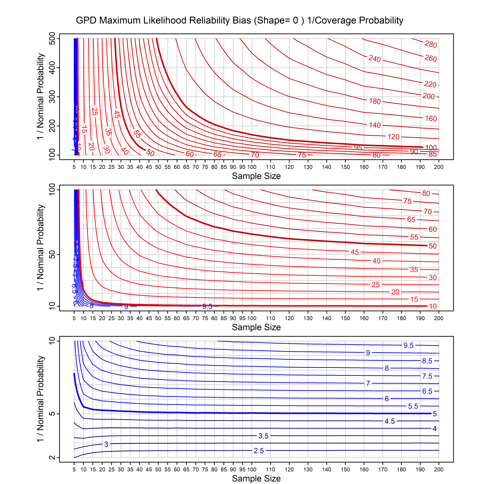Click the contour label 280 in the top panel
(431, 44)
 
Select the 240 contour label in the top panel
(374, 59)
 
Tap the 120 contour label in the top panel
(393, 137)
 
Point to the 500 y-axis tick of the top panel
(52, 39)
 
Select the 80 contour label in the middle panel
(426, 193)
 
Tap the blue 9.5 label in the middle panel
(207, 306)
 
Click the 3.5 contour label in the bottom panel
(263, 436)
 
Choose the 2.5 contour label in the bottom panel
(259, 451)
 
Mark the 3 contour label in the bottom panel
(106, 444)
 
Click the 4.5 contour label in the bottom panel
(390, 421)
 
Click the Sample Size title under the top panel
(256, 176)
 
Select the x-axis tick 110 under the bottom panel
(270, 469)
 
